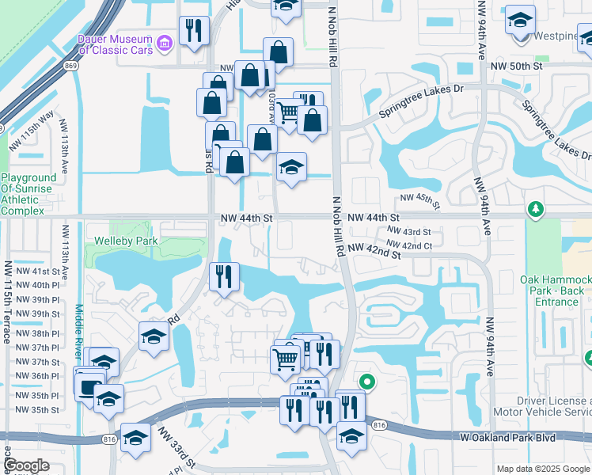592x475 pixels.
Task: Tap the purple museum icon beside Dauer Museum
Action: (x=165, y=42)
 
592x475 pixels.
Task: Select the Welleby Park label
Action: (x=122, y=240)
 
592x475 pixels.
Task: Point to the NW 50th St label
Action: (x=515, y=67)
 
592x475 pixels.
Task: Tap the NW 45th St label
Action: (x=419, y=198)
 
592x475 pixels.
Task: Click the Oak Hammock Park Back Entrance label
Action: (x=552, y=291)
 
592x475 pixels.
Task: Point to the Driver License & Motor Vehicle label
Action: (x=542, y=406)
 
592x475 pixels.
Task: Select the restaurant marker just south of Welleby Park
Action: (x=224, y=276)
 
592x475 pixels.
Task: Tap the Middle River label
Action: (x=78, y=332)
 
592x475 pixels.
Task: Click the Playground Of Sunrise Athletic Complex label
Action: (x=28, y=195)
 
